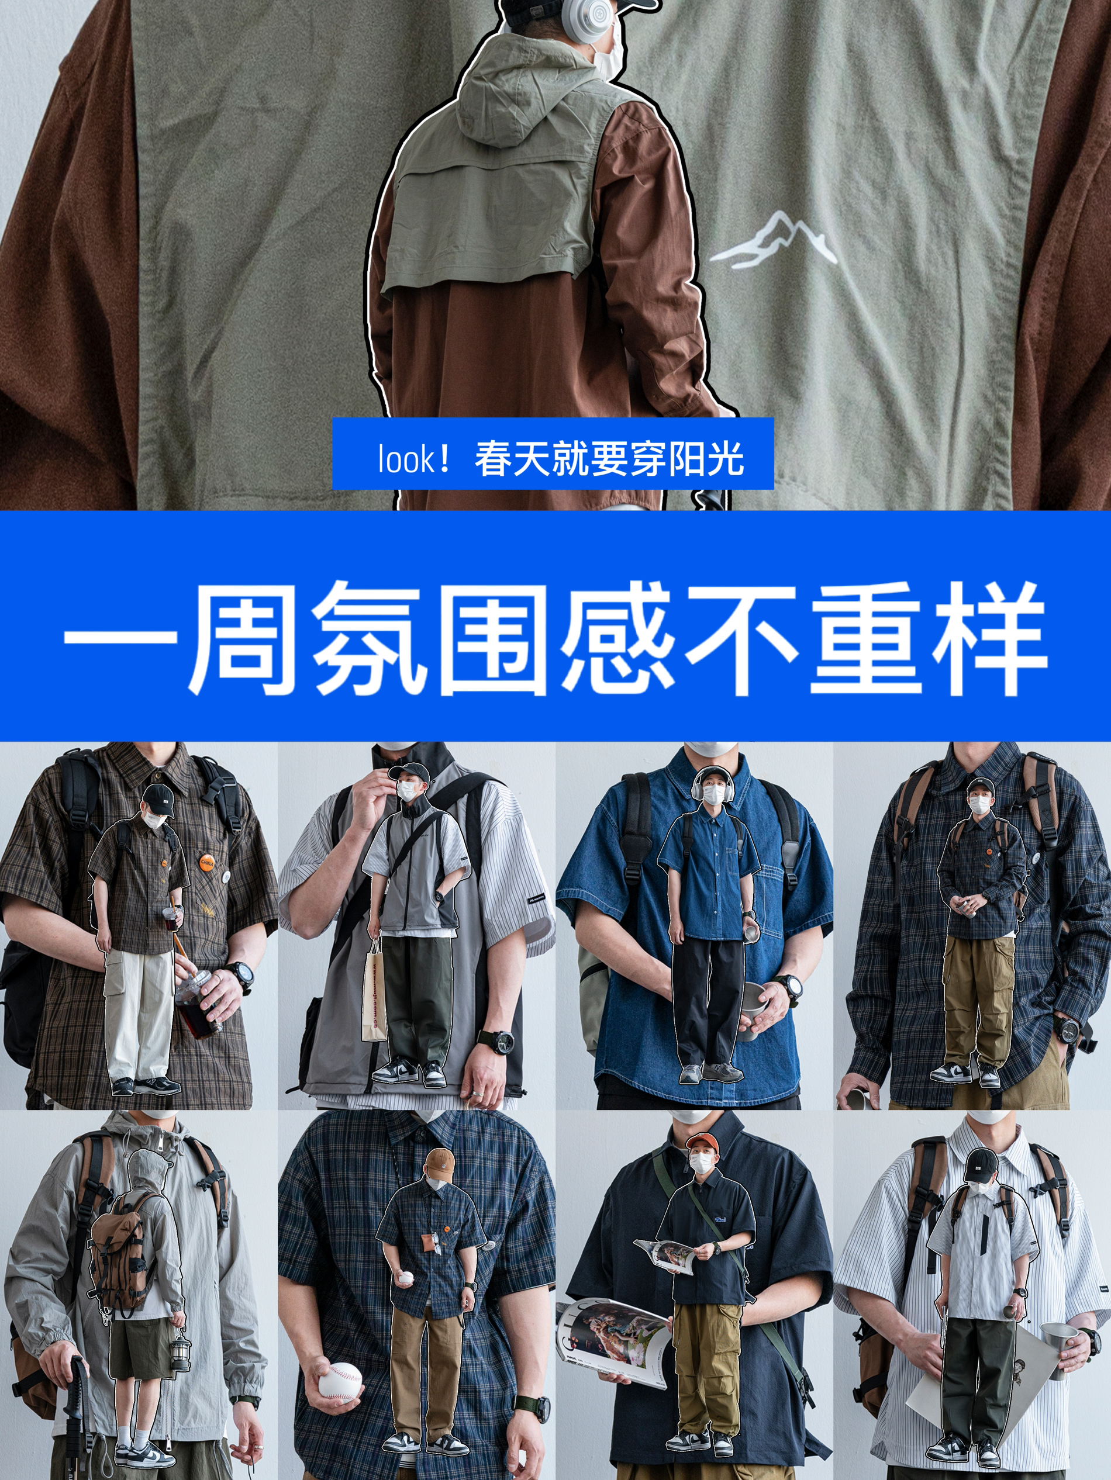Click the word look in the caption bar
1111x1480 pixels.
406,459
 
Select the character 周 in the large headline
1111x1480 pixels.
242,637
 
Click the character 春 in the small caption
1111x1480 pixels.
494,459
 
